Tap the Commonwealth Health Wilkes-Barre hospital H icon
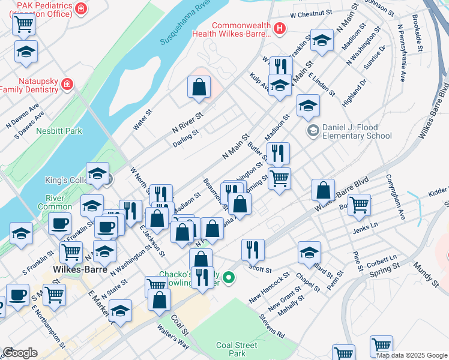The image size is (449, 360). (279, 28)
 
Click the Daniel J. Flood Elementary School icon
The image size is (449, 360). (313, 130)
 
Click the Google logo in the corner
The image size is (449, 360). (20, 353)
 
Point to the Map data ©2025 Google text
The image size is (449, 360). (411, 355)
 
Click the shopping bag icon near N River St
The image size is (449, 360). (199, 87)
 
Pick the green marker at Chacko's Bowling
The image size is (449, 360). (228, 277)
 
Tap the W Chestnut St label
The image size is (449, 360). (310, 13)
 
